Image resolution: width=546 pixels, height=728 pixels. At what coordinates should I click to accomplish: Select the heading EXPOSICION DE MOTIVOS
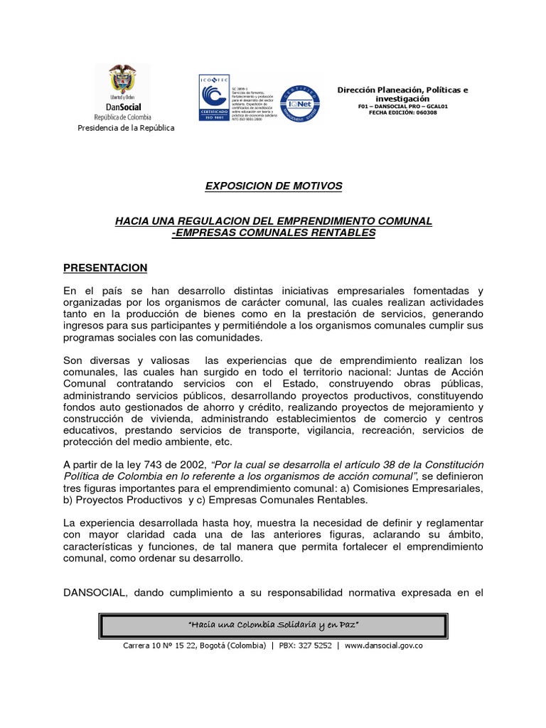pyautogui.click(x=274, y=186)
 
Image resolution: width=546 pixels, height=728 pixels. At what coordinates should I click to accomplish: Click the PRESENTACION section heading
pyautogui.click(x=105, y=268)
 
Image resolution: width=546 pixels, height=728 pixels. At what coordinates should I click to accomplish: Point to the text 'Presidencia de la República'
pyautogui.click(x=125, y=128)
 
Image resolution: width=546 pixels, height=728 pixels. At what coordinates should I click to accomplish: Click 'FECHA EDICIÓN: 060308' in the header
pyautogui.click(x=402, y=113)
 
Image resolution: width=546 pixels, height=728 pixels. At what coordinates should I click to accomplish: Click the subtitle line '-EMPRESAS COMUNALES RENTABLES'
pyautogui.click(x=274, y=233)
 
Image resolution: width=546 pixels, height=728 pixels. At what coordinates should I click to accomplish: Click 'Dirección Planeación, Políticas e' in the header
pyautogui.click(x=402, y=90)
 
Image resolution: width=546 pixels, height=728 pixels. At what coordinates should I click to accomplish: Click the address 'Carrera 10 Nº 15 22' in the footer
pyautogui.click(x=163, y=646)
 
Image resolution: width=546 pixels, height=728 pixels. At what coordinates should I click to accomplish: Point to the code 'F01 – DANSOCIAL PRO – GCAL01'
pyautogui.click(x=402, y=106)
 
